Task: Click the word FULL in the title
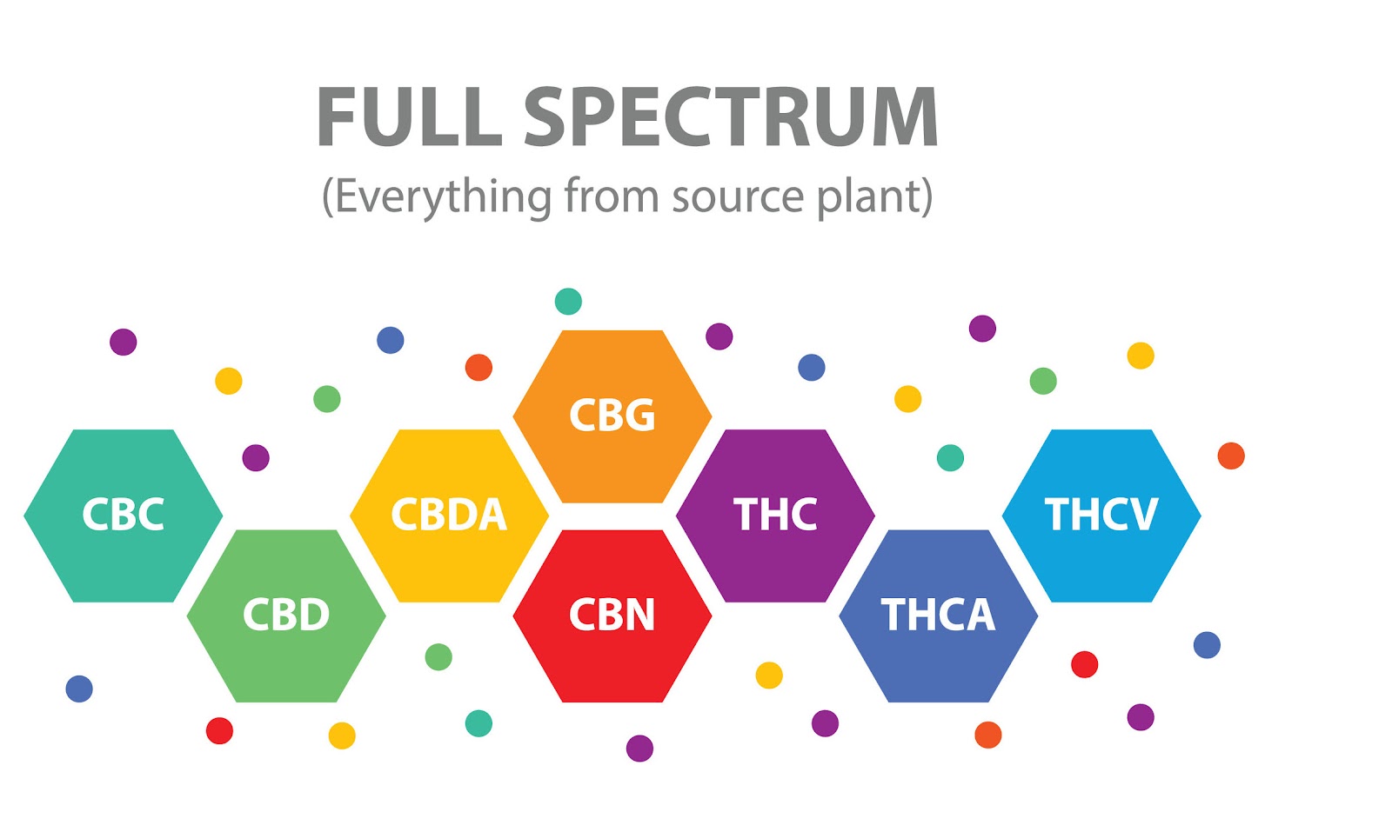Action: click(409, 117)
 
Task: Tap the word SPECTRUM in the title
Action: click(731, 117)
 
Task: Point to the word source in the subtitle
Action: click(738, 196)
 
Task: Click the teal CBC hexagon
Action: click(123, 515)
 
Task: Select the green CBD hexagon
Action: click(286, 616)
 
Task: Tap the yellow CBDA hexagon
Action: click(449, 515)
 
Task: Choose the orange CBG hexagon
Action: click(612, 416)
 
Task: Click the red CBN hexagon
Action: click(612, 616)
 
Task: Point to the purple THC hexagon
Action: click(775, 515)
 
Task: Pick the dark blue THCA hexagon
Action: click(938, 616)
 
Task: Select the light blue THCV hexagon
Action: click(1101, 515)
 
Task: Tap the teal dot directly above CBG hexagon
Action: click(568, 301)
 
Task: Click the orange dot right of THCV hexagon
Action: click(1231, 456)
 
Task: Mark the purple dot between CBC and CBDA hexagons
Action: click(256, 457)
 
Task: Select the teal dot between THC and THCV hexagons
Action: click(950, 457)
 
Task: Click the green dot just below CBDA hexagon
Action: click(438, 656)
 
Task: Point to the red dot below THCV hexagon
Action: click(1084, 664)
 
